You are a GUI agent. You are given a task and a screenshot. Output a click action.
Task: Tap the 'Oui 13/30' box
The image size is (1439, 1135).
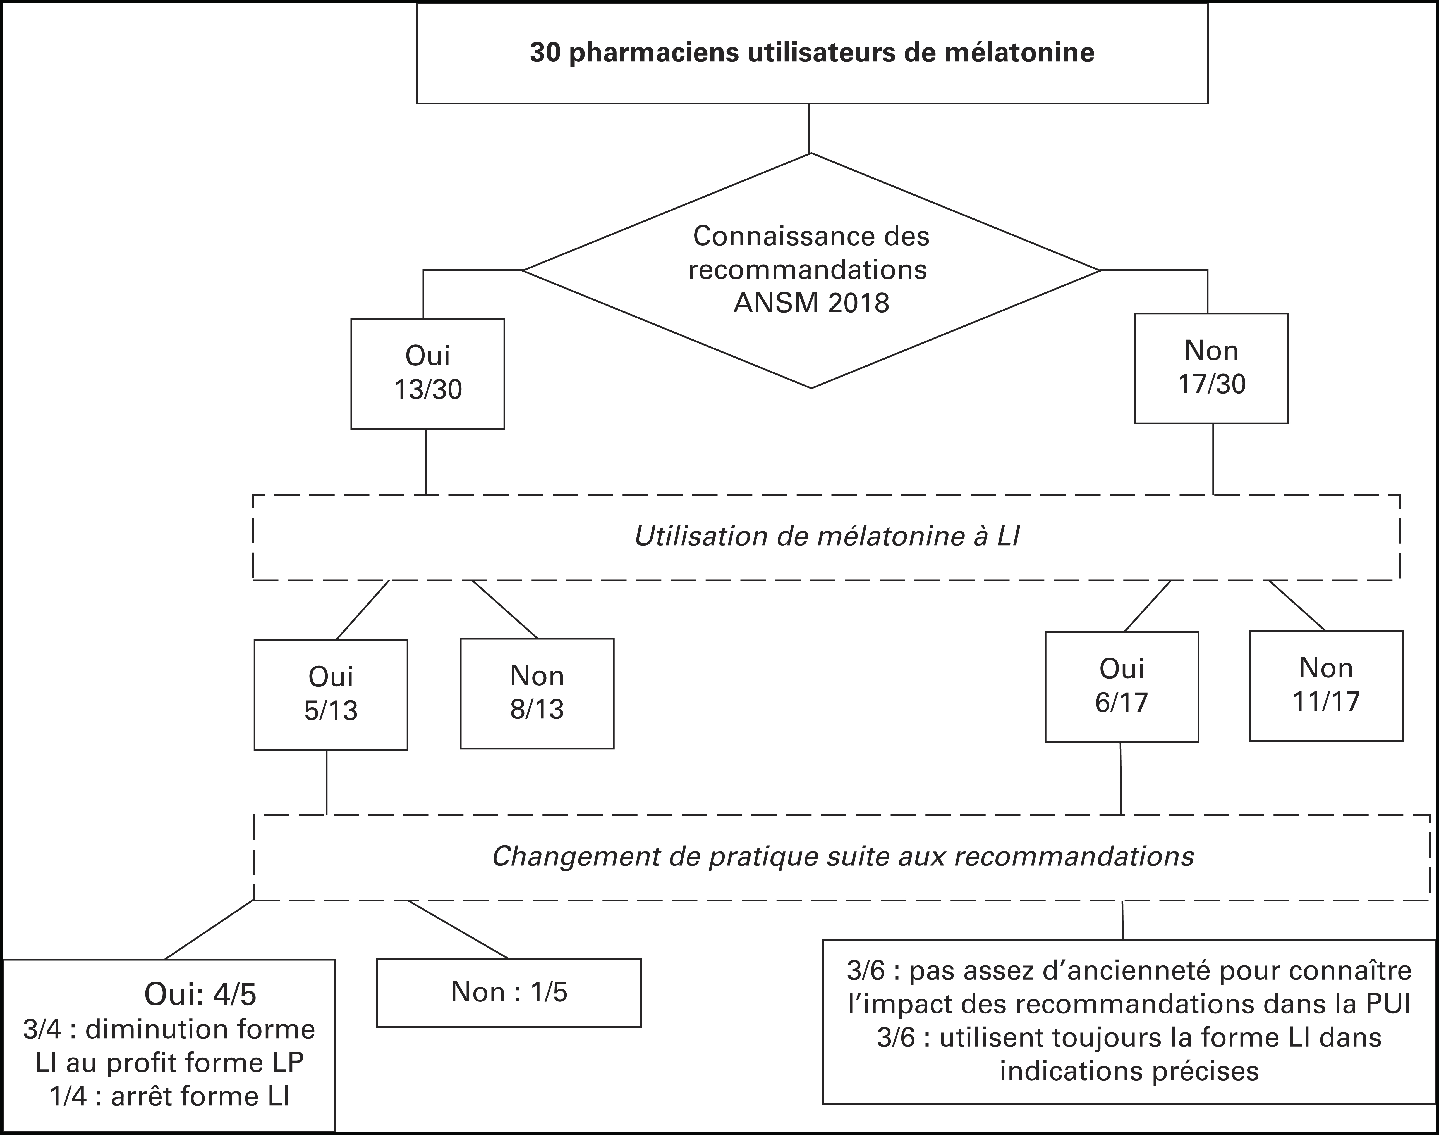tap(428, 373)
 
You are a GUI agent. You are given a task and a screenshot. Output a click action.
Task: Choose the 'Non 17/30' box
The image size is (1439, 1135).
tap(1211, 368)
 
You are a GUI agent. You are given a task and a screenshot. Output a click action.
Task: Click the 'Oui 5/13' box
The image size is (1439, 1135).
tap(331, 694)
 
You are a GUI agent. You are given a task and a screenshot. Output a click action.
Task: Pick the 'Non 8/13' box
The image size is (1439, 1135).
tap(537, 693)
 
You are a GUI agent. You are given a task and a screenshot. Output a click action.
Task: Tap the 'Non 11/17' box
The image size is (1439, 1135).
tap(1326, 685)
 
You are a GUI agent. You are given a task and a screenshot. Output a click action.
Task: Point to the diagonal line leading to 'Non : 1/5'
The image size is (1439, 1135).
tap(458, 930)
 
